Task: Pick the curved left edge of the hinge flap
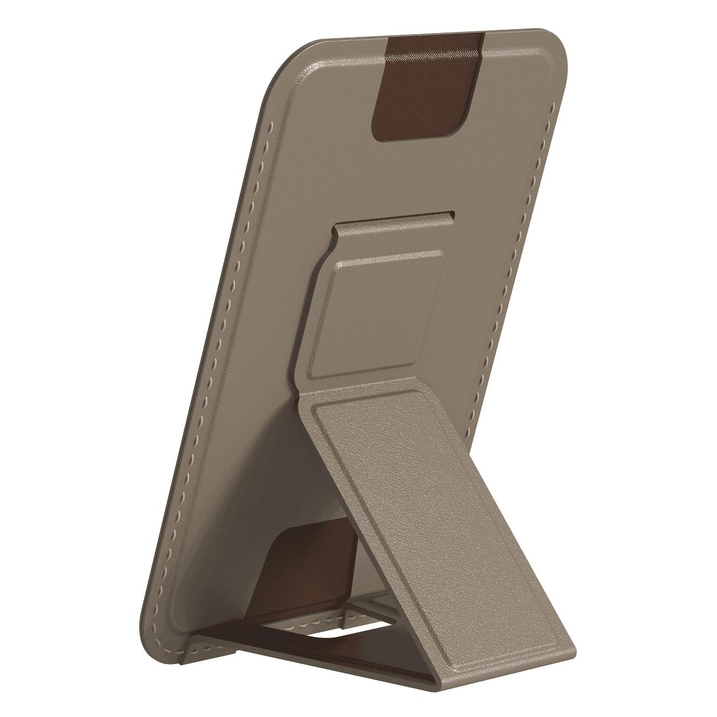(325, 287)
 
